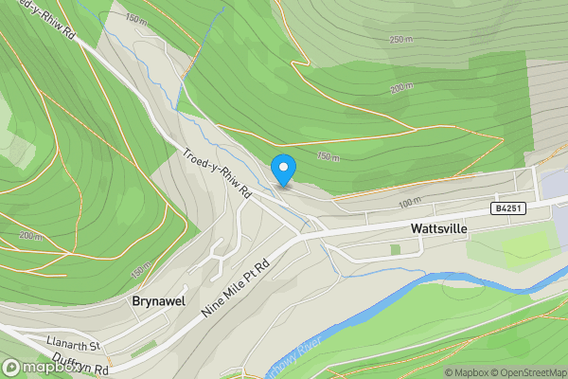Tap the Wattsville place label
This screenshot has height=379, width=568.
438,228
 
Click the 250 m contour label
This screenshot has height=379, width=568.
400,39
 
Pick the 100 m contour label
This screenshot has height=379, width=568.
409,202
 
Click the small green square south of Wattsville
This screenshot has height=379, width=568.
395,249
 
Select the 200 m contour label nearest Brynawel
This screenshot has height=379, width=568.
28,236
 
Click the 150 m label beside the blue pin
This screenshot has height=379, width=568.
328,156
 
